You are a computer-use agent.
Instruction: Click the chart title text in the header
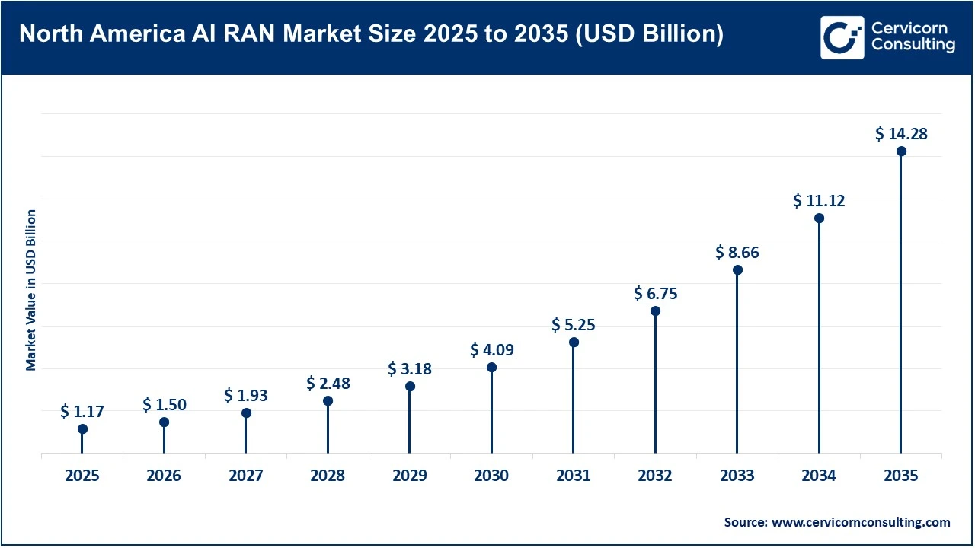[x=371, y=35]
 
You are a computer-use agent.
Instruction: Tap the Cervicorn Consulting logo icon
[x=842, y=37]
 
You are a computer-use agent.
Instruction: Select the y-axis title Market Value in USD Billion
[x=31, y=290]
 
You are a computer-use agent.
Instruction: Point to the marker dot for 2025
[x=82, y=429]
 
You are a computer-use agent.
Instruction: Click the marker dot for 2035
[x=901, y=151]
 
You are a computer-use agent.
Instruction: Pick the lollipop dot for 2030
[x=491, y=368]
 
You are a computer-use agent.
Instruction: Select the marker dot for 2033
[x=737, y=270]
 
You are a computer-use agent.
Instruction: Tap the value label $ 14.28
[x=901, y=134]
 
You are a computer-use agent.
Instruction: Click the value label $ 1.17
[x=82, y=412]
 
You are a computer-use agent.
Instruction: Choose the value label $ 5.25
[x=574, y=325]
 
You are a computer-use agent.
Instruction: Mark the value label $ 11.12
[x=819, y=201]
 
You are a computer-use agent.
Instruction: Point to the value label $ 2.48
[x=328, y=384]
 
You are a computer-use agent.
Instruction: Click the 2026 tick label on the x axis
[x=164, y=476]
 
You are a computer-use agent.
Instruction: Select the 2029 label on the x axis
[x=410, y=476]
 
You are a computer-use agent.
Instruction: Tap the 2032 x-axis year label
[x=655, y=476]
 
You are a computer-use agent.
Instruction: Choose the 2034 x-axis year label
[x=819, y=476]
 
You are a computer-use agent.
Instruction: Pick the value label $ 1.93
[x=246, y=396]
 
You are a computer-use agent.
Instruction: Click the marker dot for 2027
[x=246, y=413]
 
